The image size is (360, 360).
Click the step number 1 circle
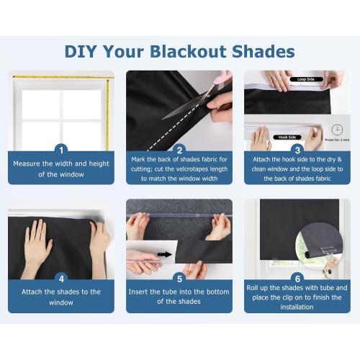coord(61,150)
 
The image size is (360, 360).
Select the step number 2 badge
coord(179,150)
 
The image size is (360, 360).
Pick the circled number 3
coord(297,150)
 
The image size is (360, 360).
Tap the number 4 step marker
coord(61,278)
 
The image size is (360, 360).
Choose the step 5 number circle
coord(179,278)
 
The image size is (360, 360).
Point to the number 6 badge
coord(297,278)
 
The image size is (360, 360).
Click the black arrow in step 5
coord(165,254)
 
